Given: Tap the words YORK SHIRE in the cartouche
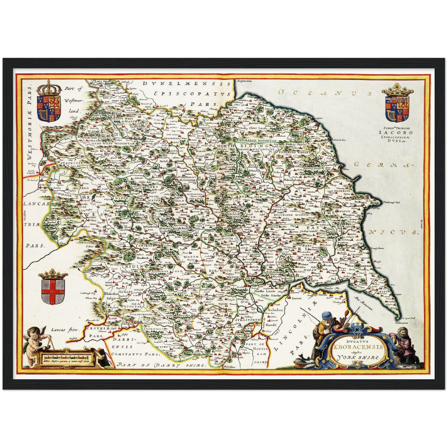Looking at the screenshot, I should [x=359, y=357].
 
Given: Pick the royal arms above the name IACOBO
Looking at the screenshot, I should [x=397, y=106].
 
